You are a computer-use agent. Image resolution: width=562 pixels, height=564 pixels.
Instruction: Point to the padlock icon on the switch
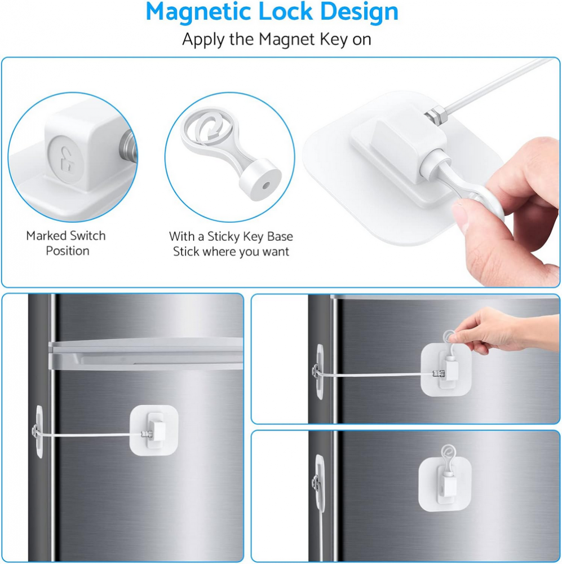click(x=66, y=158)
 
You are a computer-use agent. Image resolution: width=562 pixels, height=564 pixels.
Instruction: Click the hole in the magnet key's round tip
click(x=265, y=186)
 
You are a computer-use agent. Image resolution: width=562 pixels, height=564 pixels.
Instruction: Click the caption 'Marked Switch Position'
click(x=66, y=243)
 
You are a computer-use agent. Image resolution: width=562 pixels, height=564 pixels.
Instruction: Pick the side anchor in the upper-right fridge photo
click(x=318, y=372)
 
